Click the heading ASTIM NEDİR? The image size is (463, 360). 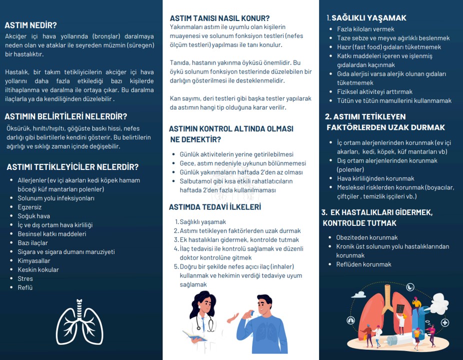coord(30,25)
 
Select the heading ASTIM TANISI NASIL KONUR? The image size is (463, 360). coord(219,18)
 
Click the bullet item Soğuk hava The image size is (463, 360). coord(33,216)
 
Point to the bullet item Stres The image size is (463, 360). coord(25,278)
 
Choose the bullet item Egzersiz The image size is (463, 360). coord(29,207)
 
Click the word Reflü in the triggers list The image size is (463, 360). coord(25,287)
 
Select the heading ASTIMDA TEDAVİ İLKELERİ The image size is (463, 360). coord(215,207)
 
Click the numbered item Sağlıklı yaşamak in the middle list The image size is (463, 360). coord(202,221)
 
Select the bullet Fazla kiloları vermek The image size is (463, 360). coord(365,29)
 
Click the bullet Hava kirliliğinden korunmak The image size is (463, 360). coord(375,178)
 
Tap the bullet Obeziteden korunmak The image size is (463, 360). coord(367,237)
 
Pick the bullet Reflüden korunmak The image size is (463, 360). coord(363,264)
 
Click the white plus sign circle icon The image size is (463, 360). coord(444,323)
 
